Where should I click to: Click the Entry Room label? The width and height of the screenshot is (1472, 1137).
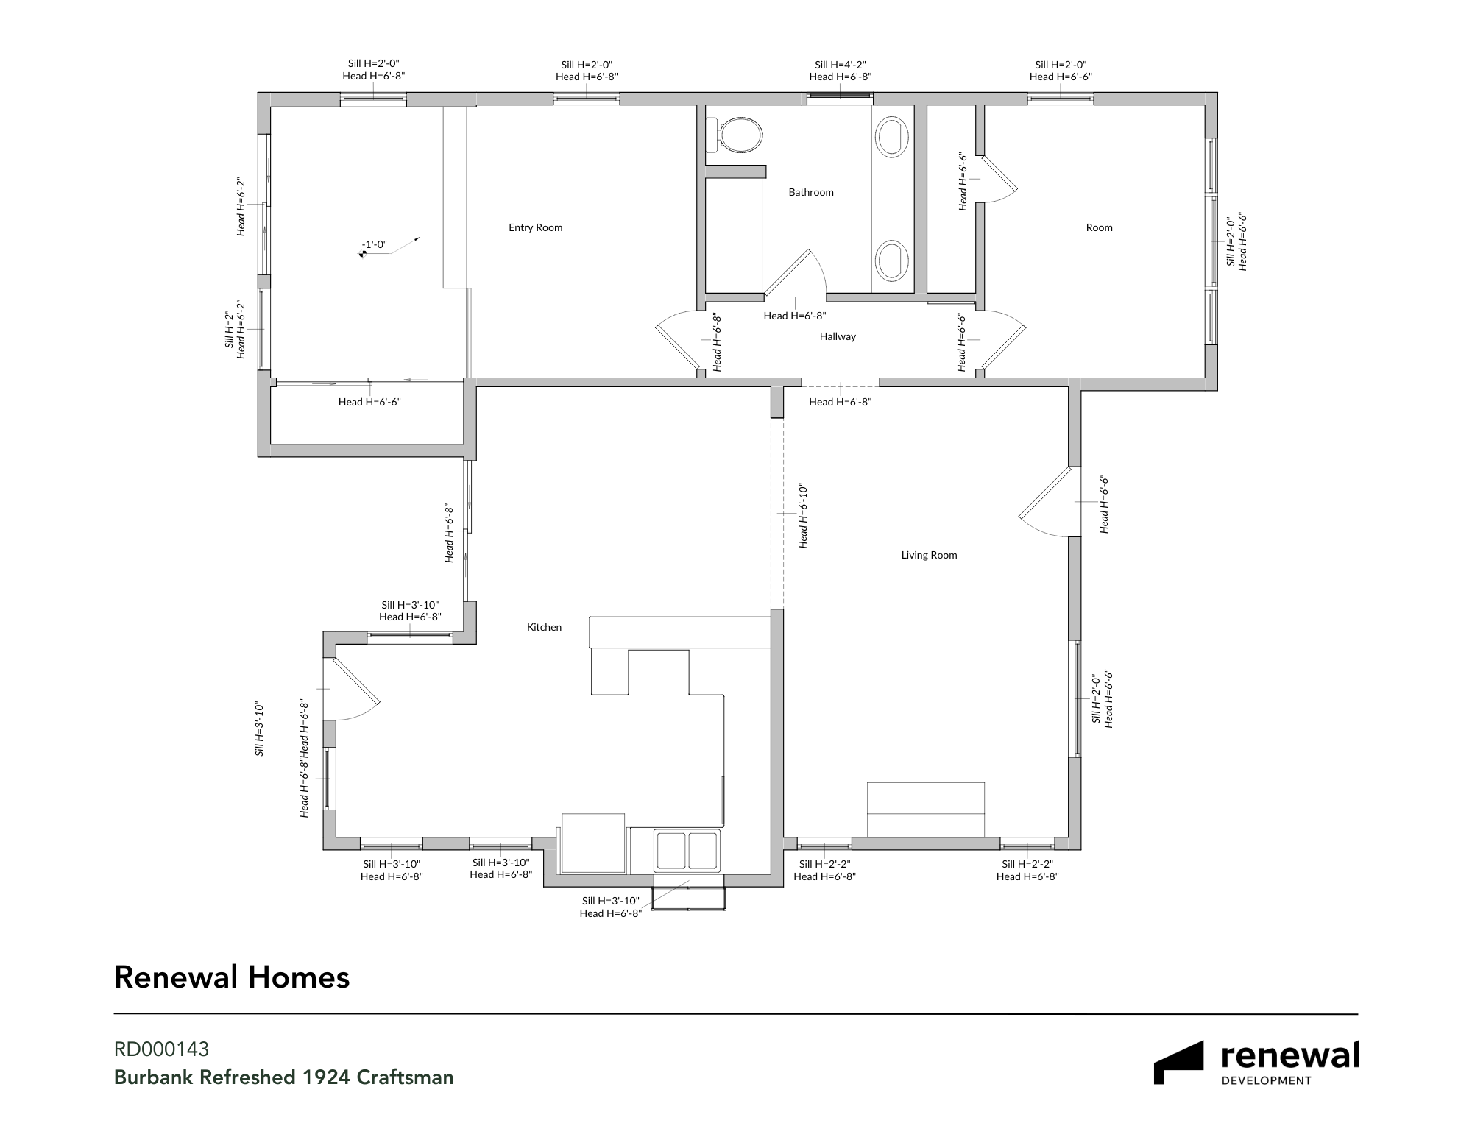pos(535,227)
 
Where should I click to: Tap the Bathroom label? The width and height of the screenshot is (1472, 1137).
pos(811,192)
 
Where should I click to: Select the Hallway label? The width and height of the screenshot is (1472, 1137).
pos(838,336)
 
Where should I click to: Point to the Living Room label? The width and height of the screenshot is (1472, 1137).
pos(929,555)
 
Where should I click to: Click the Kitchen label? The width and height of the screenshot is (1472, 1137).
pos(544,627)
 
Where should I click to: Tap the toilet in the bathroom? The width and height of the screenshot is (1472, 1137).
pos(734,135)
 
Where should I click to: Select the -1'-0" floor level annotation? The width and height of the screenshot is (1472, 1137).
pos(374,245)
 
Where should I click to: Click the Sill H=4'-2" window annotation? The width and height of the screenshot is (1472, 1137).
pos(840,65)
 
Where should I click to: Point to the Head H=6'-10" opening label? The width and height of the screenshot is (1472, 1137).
pos(803,516)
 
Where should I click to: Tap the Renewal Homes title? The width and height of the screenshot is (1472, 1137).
pos(232,977)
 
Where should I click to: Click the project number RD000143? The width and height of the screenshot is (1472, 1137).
pos(161,1049)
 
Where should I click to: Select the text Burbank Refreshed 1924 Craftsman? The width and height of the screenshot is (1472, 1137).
pos(283,1077)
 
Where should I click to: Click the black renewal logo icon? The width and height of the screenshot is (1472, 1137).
pos(1178,1063)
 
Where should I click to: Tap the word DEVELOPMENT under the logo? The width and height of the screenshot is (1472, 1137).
pos(1266,1080)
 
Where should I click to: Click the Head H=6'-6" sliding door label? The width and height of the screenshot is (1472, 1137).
pos(369,402)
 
